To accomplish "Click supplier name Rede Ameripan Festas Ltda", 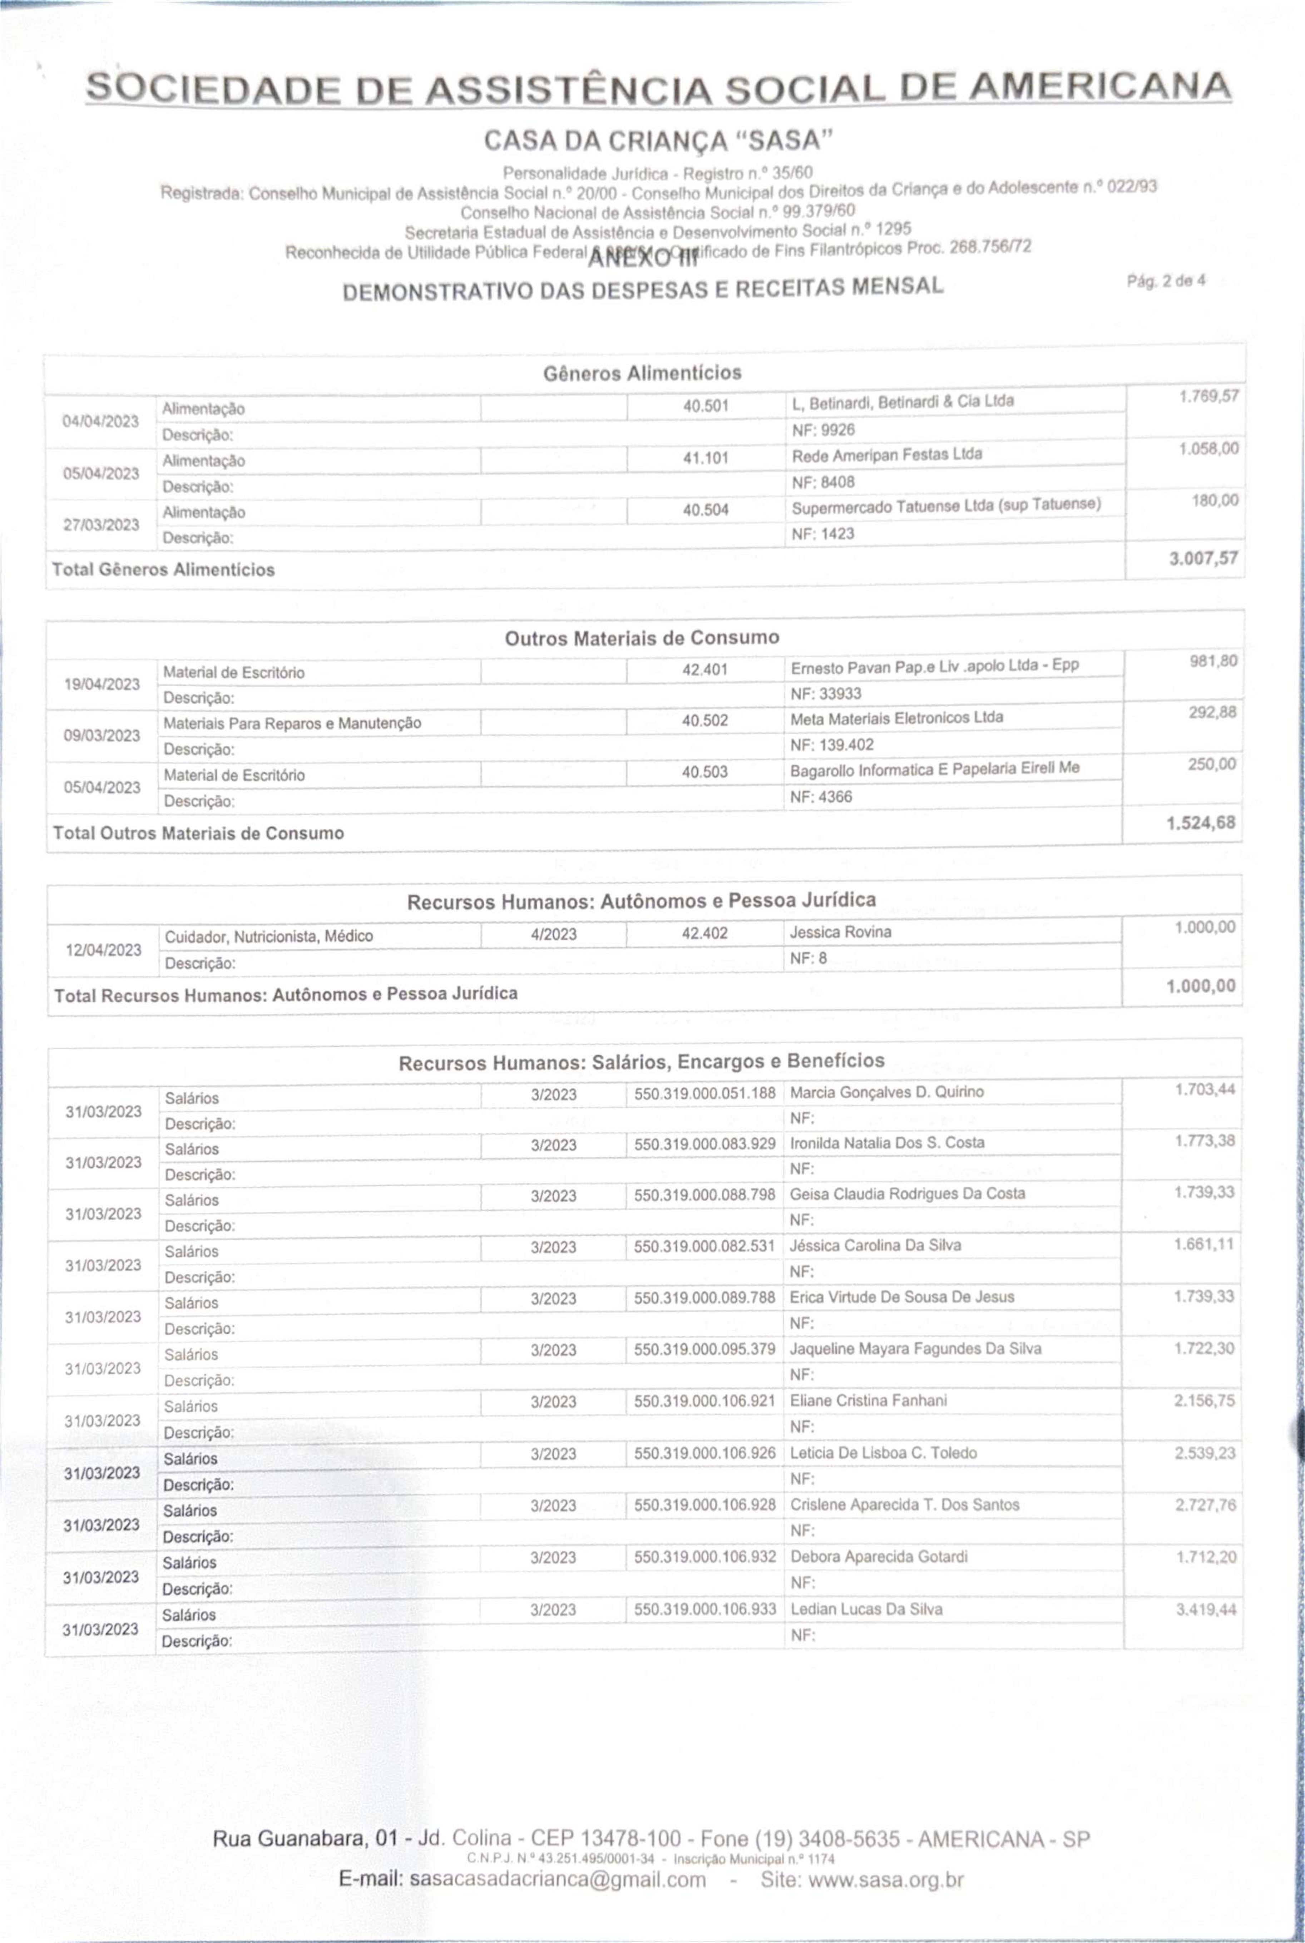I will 886,454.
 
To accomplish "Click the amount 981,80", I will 1213,662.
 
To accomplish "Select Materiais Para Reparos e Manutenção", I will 292,723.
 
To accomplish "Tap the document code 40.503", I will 704,772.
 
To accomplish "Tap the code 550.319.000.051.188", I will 704,1093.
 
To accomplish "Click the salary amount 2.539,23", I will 1204,1453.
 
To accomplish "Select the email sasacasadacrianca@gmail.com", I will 558,1880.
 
